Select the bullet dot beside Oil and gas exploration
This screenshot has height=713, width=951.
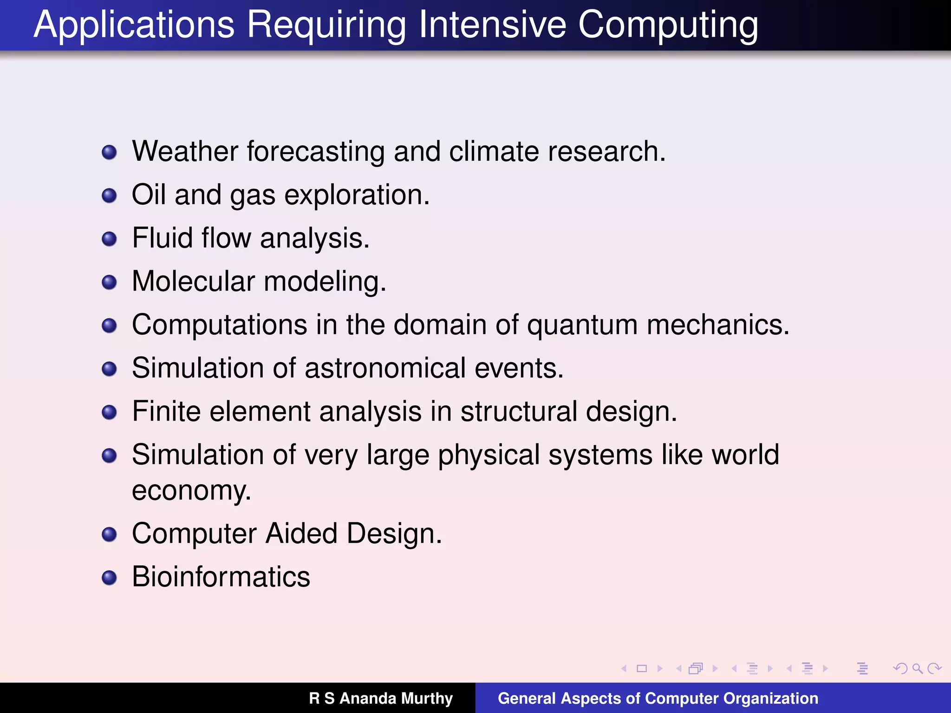click(x=109, y=195)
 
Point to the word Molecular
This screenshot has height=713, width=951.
click(x=193, y=281)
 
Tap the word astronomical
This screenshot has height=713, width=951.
click(x=385, y=368)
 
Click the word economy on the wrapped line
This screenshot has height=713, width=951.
click(x=191, y=491)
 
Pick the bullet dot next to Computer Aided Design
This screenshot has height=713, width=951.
click(x=109, y=534)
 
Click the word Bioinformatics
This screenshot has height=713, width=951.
click(x=221, y=577)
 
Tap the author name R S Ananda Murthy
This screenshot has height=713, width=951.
click(x=381, y=698)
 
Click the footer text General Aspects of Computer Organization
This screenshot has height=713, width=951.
click(x=658, y=698)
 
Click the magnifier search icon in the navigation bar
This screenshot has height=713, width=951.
click(x=917, y=668)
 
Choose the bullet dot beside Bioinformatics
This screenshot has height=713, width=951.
click(x=109, y=577)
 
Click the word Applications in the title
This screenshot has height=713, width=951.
click(x=134, y=25)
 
